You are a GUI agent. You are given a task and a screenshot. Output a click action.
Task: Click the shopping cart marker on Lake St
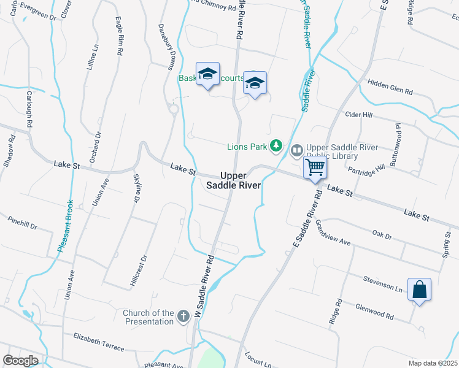(x=315, y=167)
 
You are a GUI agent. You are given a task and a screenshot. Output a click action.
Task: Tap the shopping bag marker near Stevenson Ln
(x=419, y=289)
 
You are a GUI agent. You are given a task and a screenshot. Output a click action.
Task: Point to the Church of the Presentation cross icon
(x=182, y=316)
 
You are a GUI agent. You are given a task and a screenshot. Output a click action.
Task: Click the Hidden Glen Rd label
(x=390, y=86)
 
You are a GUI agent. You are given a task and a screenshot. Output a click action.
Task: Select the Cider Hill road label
(x=360, y=115)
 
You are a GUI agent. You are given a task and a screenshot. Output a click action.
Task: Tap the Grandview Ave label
(x=332, y=233)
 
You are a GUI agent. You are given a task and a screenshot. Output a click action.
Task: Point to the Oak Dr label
(x=382, y=234)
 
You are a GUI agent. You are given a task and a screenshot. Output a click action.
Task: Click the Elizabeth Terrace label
(x=98, y=341)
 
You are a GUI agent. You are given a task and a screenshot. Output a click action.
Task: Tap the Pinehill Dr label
(x=23, y=223)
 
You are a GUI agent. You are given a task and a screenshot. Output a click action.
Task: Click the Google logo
(x=20, y=360)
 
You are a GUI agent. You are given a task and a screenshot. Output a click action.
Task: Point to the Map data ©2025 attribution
(x=433, y=363)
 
